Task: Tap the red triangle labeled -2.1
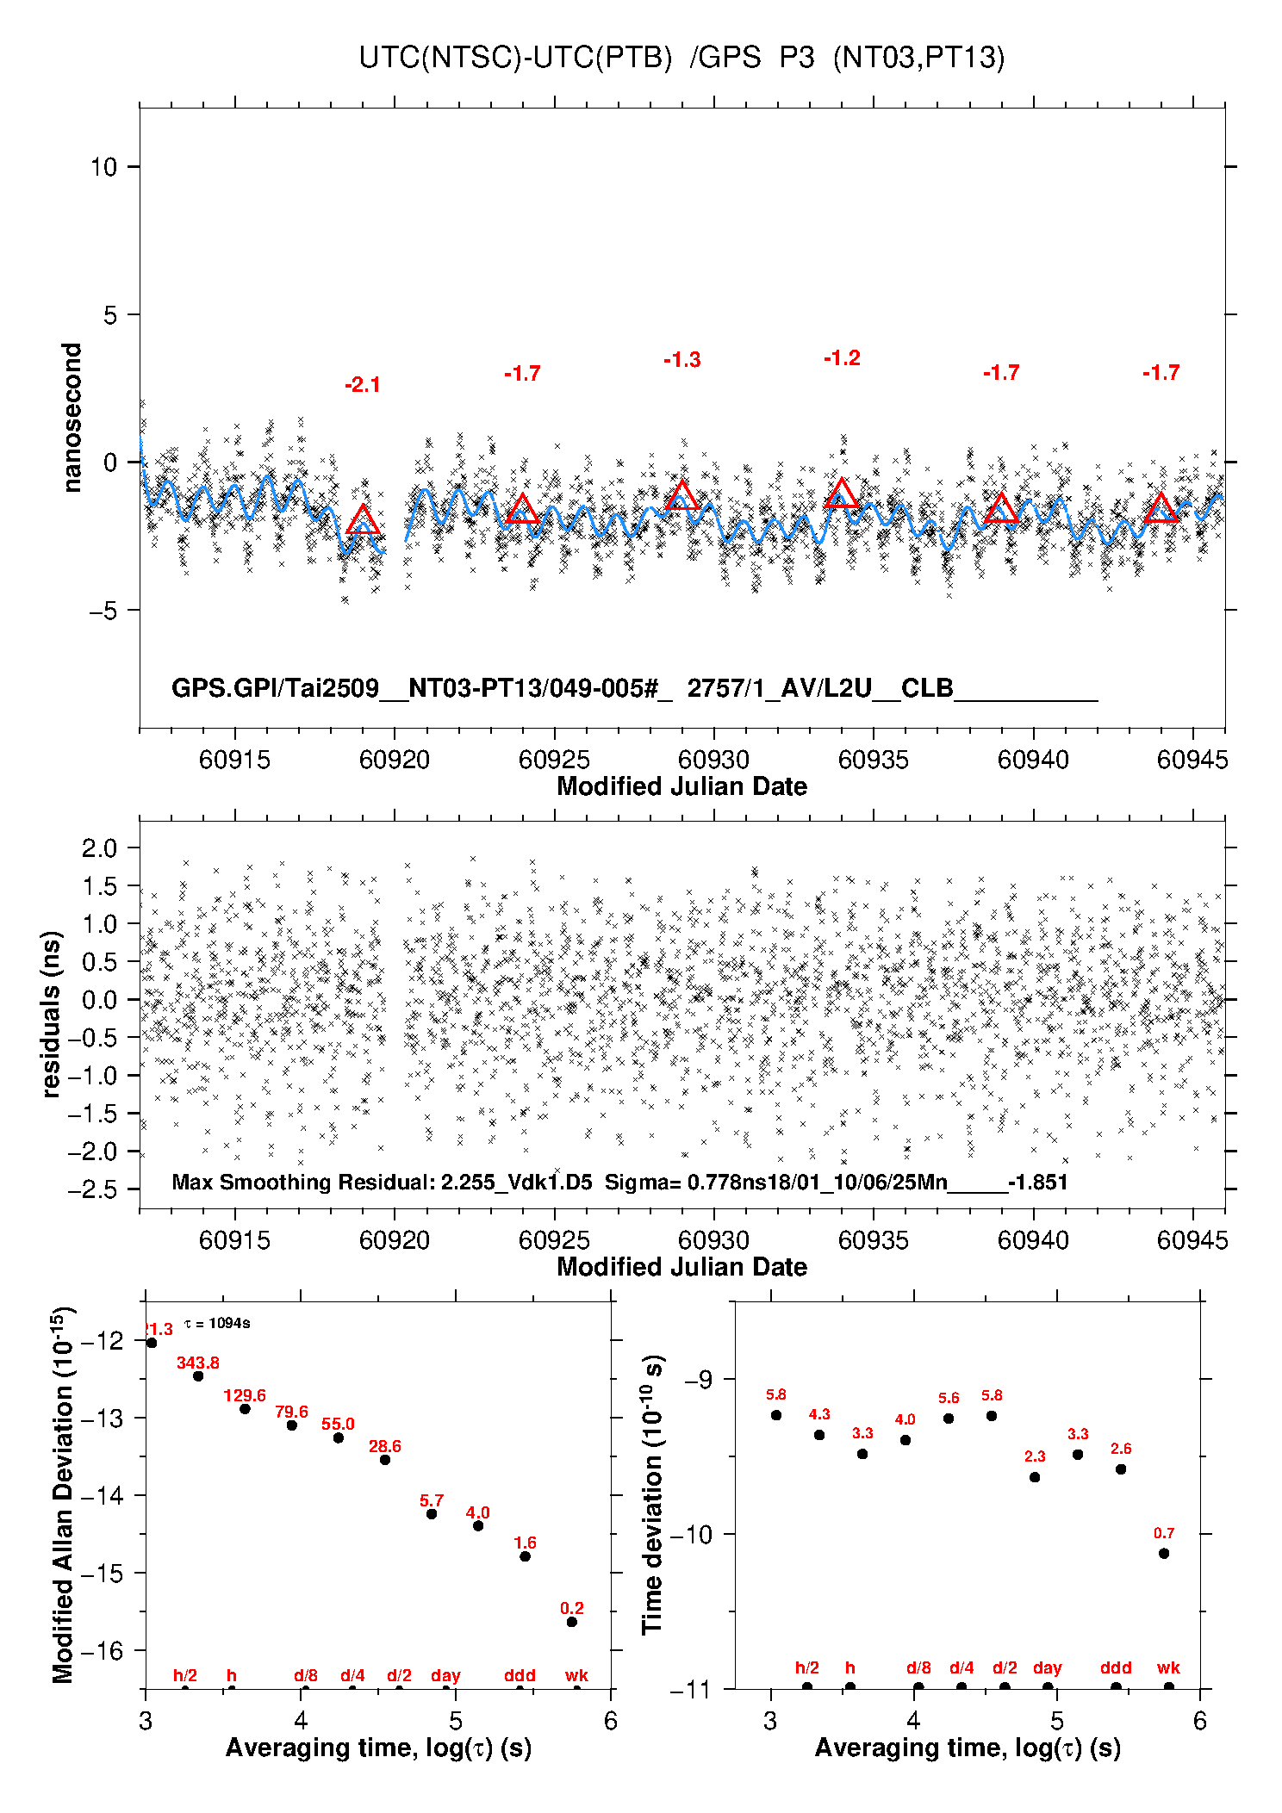[x=363, y=521]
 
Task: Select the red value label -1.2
[x=842, y=358]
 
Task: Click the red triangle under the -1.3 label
[x=682, y=496]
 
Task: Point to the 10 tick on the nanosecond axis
[x=103, y=167]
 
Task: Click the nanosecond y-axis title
[x=72, y=417]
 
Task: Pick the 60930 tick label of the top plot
[x=713, y=760]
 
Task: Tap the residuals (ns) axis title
[x=52, y=1014]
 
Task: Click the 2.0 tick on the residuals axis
[x=99, y=848]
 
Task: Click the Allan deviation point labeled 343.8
[x=198, y=1375]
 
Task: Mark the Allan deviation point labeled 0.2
[x=572, y=1622]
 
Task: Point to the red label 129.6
[x=245, y=1395]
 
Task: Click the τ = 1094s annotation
[x=217, y=1323]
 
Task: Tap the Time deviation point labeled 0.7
[x=1164, y=1554]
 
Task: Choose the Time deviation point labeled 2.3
[x=1035, y=1477]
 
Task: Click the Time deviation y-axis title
[x=653, y=1494]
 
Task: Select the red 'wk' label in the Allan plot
[x=576, y=1675]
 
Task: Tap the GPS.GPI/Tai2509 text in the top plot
[x=276, y=688]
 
